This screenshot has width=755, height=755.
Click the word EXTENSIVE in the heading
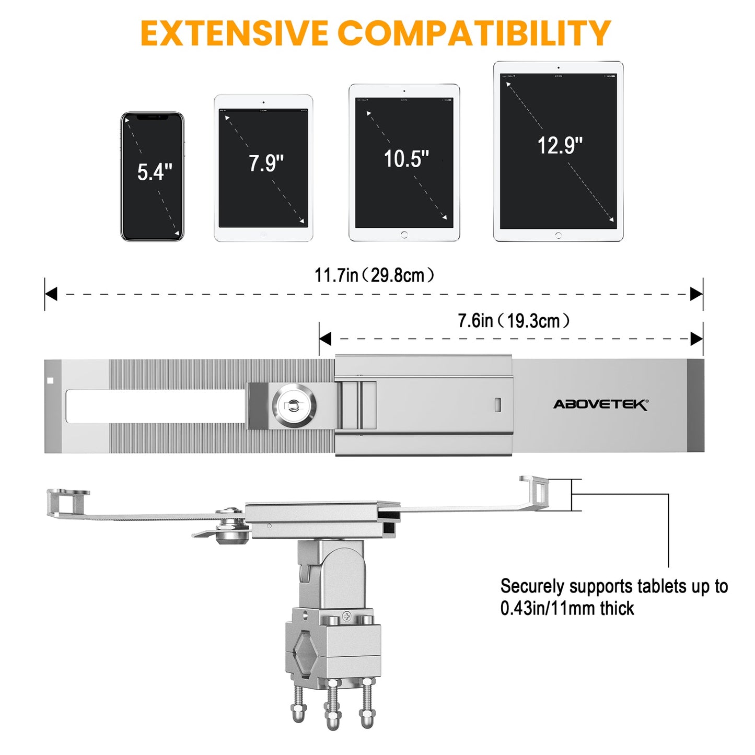point(234,33)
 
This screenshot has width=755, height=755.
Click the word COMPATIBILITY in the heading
point(474,33)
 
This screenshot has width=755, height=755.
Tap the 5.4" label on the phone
point(155,172)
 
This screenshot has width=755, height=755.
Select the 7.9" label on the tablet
point(266,163)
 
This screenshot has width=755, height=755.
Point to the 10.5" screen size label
point(406,159)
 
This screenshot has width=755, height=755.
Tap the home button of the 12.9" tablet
point(558,236)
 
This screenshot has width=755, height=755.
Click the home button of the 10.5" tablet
point(404,235)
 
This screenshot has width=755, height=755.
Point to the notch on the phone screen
point(153,118)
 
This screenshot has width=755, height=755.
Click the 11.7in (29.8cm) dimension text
point(374,275)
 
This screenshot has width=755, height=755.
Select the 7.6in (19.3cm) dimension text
point(513,321)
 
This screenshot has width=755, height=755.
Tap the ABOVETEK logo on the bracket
point(600,404)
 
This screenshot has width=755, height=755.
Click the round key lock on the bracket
point(294,405)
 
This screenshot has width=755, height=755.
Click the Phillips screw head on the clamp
point(346,617)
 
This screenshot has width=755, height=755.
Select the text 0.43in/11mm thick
point(567,609)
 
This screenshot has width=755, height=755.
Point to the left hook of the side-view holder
point(68,502)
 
